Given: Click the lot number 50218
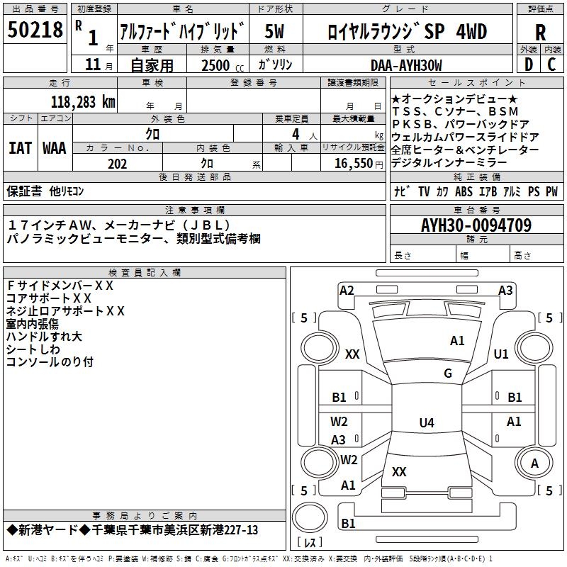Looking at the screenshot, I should tap(35, 30).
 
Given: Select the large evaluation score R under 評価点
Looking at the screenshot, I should tap(540, 31).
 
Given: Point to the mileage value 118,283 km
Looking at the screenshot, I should tap(83, 101).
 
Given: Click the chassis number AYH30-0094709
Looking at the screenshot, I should tap(476, 225).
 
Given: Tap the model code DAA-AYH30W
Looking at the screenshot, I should tap(406, 65).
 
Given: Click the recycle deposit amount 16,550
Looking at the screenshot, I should tap(354, 164).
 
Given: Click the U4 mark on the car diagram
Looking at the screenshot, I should tap(426, 423).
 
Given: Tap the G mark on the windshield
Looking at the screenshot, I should tap(447, 374).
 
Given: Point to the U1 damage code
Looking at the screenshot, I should tap(501, 354).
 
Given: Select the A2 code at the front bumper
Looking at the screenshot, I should tap(347, 290).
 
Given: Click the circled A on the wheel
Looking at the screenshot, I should tap(535, 464).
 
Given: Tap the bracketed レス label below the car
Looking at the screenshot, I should tap(309, 544).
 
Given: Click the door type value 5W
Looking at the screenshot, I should tap(275, 31).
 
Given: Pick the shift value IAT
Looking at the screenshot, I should tap(19, 148).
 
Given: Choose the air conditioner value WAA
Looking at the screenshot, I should tap(55, 148).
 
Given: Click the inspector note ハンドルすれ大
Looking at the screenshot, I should tap(44, 336).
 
